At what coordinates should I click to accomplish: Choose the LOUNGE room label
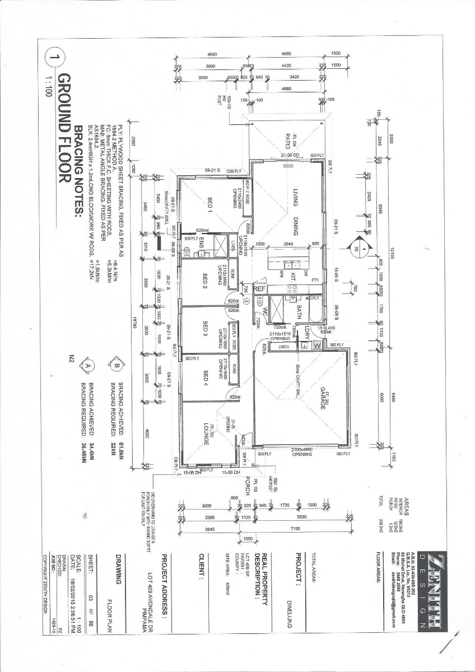206,434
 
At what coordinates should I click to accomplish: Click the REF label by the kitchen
260,289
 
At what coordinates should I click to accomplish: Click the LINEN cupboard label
280,347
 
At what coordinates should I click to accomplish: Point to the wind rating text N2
71,358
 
